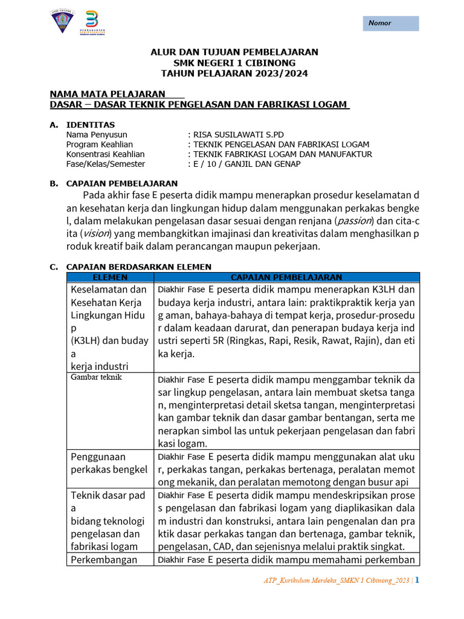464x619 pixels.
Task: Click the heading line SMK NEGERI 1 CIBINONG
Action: coord(234,63)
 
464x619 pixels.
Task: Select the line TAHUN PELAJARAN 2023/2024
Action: coord(234,73)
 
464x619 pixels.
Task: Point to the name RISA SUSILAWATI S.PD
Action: coord(237,135)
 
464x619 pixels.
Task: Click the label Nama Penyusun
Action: coord(97,135)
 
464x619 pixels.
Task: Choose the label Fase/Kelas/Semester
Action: coord(106,164)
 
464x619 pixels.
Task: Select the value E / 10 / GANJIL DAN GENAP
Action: coord(246,164)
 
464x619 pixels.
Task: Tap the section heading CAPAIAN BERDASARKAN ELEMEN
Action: coord(138,267)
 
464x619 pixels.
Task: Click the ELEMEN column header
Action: coord(111,277)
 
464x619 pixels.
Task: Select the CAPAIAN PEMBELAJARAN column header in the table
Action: coord(286,277)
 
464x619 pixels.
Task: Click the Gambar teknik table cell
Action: coord(97,377)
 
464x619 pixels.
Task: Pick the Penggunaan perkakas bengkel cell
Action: coord(109,463)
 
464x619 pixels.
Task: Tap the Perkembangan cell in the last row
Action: coord(104,559)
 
